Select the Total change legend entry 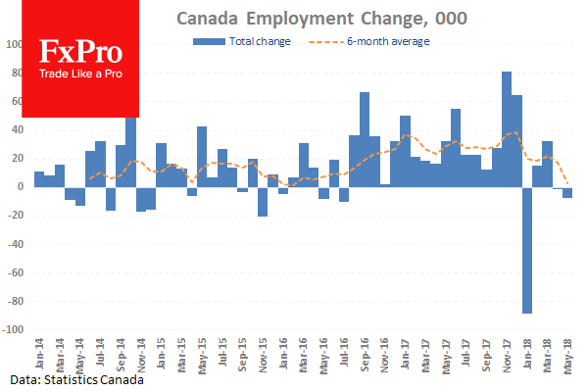pos(241,42)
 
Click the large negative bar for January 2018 pos(527,249)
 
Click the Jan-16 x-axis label pos(280,353)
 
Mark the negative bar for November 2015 pos(263,201)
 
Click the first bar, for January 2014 pos(39,178)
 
